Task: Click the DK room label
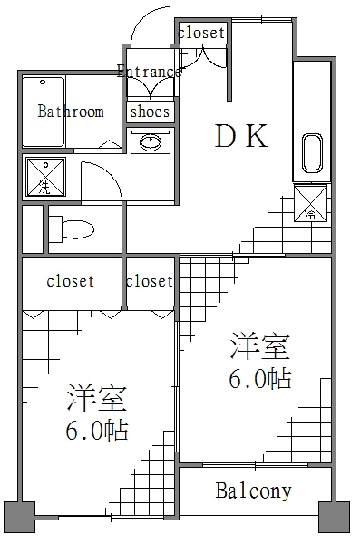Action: coord(241,135)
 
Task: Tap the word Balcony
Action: coord(253,491)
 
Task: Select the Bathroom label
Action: coord(71,111)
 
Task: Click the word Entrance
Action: coord(150,71)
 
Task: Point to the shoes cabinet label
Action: coord(150,112)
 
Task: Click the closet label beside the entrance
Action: coord(201,33)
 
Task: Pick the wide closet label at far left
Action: coord(71,281)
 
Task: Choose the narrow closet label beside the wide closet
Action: coord(150,281)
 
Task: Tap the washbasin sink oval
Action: coord(151,142)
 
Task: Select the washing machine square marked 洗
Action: coord(45,177)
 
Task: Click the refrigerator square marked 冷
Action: coord(310,203)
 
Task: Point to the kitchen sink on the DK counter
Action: coord(312,152)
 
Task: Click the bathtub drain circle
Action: coord(43,83)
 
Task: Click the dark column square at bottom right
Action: coord(334,517)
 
